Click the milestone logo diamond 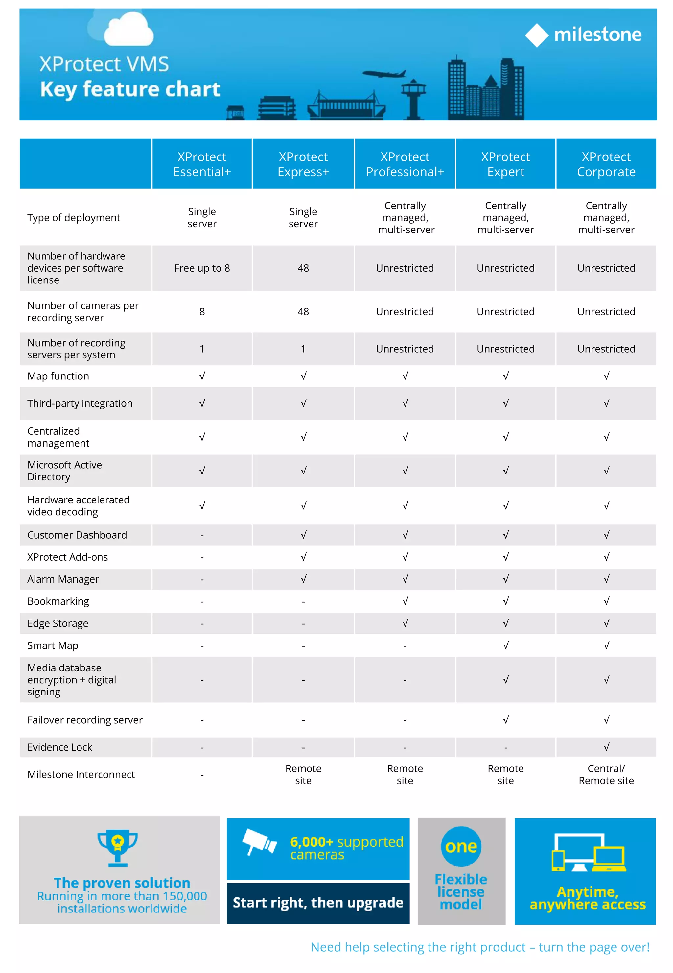(x=536, y=35)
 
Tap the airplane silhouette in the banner (x=384, y=74)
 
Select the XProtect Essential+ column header (x=202, y=164)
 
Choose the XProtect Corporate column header (x=606, y=164)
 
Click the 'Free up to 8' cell (x=202, y=268)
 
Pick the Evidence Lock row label (x=59, y=747)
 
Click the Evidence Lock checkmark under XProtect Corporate (x=606, y=747)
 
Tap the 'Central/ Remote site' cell (x=606, y=774)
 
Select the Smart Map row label (x=53, y=645)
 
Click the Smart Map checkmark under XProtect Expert (x=506, y=645)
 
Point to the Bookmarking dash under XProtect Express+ (x=303, y=602)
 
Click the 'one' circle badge (x=461, y=846)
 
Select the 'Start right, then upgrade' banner (x=318, y=903)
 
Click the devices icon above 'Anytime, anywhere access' (x=589, y=852)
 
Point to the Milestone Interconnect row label (x=81, y=775)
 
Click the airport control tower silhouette (x=413, y=99)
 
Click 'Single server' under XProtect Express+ (x=303, y=218)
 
